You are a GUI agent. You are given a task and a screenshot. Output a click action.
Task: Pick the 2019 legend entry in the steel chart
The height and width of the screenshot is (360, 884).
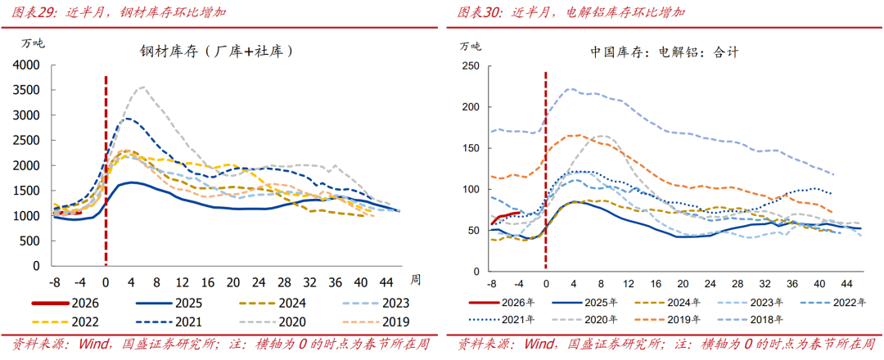click(x=380, y=321)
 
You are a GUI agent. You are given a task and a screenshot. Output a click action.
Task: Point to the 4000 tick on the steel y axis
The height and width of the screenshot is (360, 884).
click(x=26, y=65)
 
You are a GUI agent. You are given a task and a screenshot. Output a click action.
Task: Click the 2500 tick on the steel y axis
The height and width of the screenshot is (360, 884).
click(x=26, y=140)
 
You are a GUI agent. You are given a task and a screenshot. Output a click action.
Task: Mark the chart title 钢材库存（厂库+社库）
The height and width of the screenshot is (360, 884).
click(x=216, y=52)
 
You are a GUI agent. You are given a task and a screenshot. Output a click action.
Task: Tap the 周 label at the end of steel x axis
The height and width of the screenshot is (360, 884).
click(x=415, y=280)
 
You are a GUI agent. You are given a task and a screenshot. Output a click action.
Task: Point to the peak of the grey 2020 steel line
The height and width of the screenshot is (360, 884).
click(x=143, y=87)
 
